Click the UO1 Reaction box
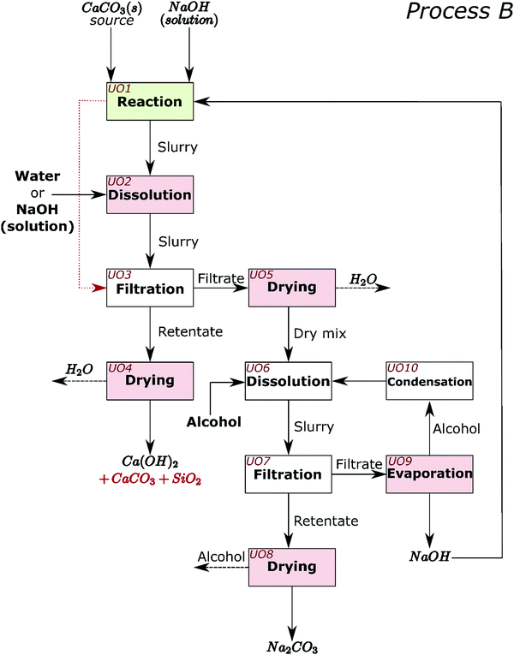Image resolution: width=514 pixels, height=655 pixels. click(x=150, y=102)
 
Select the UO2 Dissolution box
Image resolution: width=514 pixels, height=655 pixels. click(x=150, y=195)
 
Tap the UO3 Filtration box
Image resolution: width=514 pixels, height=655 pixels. click(x=150, y=288)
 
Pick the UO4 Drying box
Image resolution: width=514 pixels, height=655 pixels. click(x=150, y=380)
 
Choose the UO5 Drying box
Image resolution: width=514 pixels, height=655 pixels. click(x=290, y=288)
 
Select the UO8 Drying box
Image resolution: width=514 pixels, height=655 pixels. click(x=290, y=567)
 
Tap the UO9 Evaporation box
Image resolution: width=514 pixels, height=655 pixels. click(x=429, y=473)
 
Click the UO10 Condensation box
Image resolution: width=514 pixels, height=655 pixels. click(x=429, y=380)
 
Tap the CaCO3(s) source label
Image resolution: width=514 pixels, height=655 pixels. click(x=112, y=15)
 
